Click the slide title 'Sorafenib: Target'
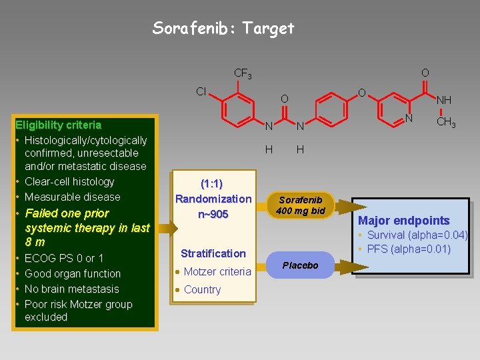click(x=223, y=28)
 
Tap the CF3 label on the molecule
click(x=243, y=73)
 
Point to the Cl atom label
click(x=201, y=91)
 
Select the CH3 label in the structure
click(x=446, y=123)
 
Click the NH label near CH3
click(x=443, y=100)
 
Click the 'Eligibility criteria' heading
click(x=59, y=125)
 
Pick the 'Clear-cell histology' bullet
click(x=69, y=181)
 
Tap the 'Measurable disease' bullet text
click(x=72, y=197)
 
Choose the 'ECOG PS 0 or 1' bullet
click(x=64, y=258)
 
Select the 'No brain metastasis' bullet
click(x=71, y=289)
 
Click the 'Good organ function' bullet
click(x=72, y=273)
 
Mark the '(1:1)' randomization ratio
click(x=212, y=184)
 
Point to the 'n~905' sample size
click(x=213, y=214)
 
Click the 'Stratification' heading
click(x=213, y=253)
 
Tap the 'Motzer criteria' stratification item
click(x=217, y=271)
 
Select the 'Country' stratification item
click(x=202, y=289)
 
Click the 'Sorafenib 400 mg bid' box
click(x=300, y=205)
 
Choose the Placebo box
click(x=300, y=265)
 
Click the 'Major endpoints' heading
click(x=403, y=221)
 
